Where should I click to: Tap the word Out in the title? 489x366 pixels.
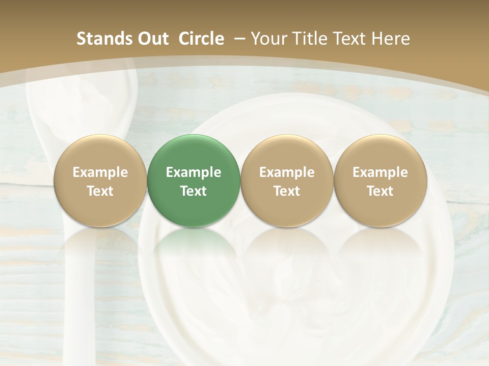pos(152,39)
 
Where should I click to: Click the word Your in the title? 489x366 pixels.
pos(268,39)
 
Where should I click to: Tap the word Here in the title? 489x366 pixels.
pos(392,39)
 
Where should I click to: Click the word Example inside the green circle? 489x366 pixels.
pos(194,172)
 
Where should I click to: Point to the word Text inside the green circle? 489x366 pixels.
pos(194,191)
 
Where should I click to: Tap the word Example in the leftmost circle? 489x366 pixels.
pos(100,172)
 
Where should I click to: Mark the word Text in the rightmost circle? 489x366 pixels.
pos(380,191)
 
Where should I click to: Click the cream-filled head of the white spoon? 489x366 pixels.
pos(81,97)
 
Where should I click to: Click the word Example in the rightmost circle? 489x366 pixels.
pos(380,172)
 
